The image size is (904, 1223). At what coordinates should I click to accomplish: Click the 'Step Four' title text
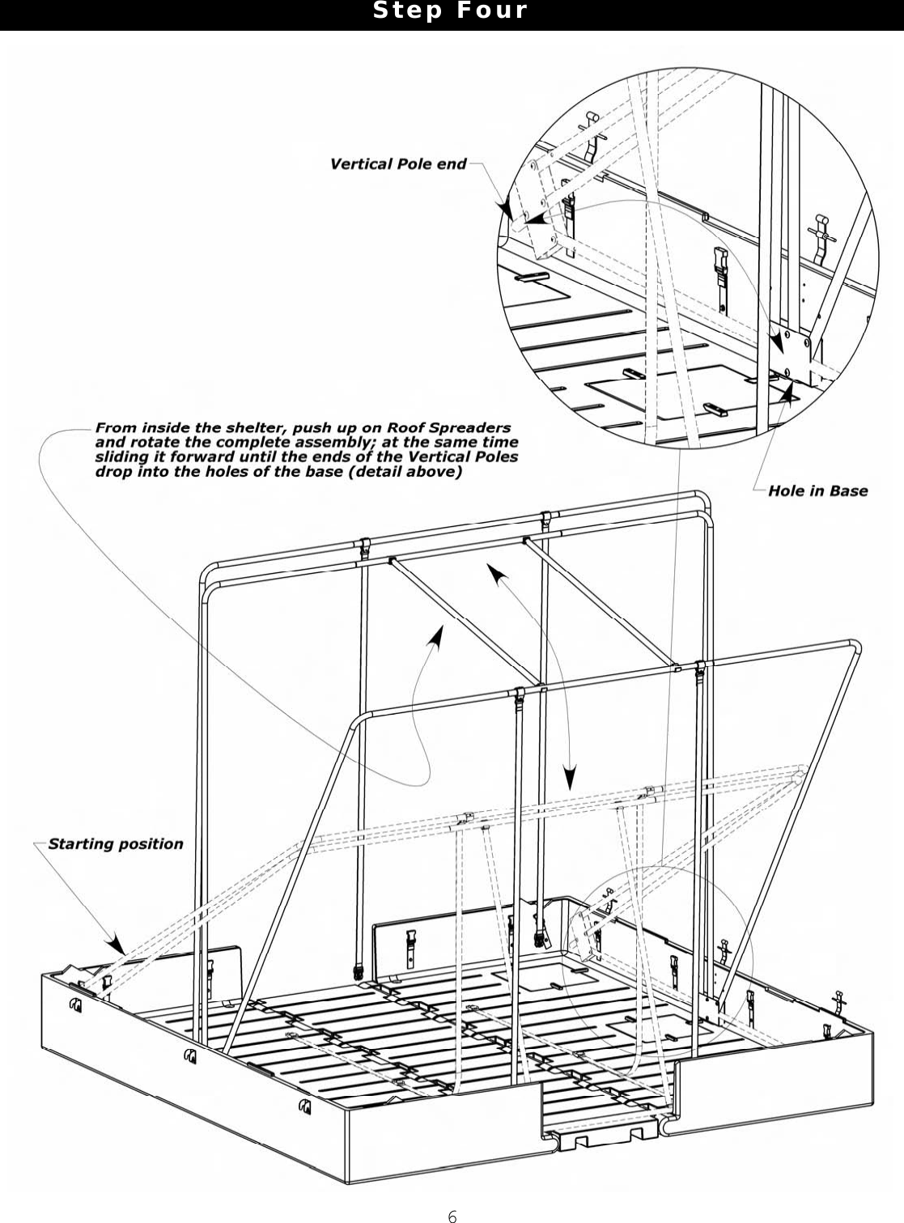click(x=450, y=11)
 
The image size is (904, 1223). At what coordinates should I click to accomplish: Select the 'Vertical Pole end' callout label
click(x=398, y=164)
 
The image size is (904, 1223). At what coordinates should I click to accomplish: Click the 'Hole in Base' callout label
click(x=817, y=490)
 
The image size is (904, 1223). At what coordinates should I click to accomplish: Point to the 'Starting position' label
click(x=116, y=844)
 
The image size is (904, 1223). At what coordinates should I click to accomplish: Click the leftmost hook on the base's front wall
click(x=76, y=1005)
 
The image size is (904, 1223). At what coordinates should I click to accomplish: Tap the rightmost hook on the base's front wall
click(x=305, y=1106)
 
